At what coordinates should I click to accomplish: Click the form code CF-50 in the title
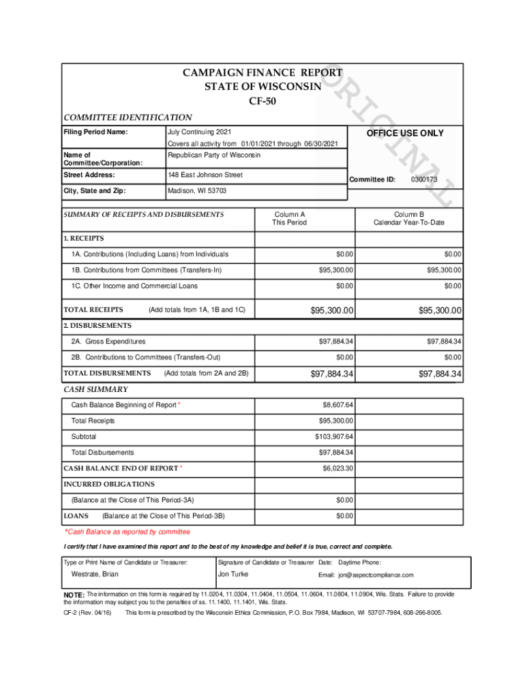coord(262,102)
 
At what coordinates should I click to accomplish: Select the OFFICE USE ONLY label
coord(405,133)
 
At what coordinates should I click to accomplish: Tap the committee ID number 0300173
coord(424,179)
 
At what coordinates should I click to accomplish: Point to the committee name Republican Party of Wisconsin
coord(214,155)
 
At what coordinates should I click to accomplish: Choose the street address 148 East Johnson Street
coord(205,176)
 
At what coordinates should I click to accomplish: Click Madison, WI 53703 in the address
coord(197,191)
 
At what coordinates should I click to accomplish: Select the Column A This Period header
coord(290,218)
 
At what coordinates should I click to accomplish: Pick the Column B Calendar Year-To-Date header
coord(408,218)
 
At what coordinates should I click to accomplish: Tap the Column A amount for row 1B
coord(336,271)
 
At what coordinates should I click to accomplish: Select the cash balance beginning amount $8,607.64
coord(337,405)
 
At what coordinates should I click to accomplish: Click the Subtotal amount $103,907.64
coord(334,436)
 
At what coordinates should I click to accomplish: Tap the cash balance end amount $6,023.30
coord(337,468)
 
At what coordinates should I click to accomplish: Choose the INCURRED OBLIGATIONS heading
coord(109,484)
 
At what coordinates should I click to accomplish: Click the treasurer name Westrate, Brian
coord(95,574)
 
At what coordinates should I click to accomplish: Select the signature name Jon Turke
coord(233,574)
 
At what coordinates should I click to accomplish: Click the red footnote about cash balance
coord(127,532)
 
